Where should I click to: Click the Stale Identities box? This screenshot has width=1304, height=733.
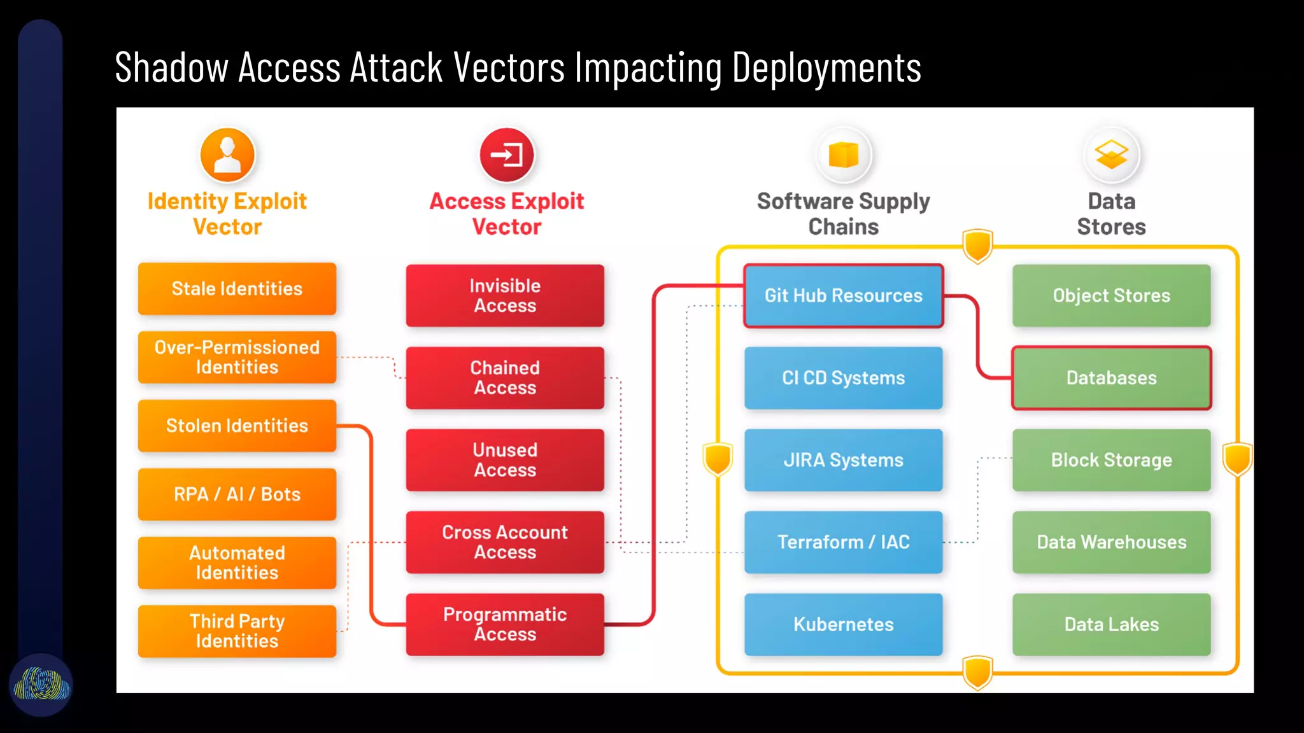[237, 289]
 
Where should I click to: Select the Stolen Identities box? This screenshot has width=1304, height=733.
[237, 426]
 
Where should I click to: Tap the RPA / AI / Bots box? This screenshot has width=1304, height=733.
[237, 494]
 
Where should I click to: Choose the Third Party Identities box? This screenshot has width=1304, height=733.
[237, 631]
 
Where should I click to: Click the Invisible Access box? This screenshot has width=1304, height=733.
[505, 296]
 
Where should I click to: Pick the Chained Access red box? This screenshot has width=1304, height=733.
[505, 378]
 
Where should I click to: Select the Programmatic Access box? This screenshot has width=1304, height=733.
[505, 624]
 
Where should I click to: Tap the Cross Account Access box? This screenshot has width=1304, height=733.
[505, 542]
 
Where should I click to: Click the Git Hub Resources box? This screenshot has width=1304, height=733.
[843, 296]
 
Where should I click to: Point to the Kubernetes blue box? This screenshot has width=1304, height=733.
[843, 624]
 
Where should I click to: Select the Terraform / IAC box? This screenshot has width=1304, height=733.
[843, 542]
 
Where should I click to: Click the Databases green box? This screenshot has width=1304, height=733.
[1111, 378]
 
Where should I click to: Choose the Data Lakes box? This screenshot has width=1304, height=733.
[1111, 624]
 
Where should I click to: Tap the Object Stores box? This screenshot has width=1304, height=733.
[1111, 296]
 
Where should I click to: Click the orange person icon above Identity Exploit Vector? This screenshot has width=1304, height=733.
[227, 155]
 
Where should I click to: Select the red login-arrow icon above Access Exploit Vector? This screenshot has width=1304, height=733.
[507, 155]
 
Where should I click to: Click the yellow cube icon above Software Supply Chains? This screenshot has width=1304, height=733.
[843, 155]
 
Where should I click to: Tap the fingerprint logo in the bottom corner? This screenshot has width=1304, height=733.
[41, 685]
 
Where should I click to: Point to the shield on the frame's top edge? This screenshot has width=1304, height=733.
[977, 246]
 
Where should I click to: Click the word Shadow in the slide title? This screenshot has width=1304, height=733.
[171, 67]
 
